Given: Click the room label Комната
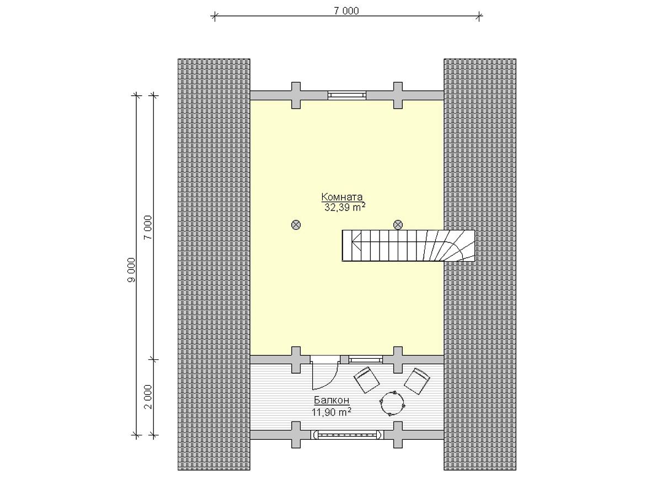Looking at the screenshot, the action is click(341, 197).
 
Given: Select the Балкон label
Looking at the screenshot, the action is click(332, 400).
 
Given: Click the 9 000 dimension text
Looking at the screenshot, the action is click(131, 270).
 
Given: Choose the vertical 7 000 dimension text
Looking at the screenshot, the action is click(148, 228).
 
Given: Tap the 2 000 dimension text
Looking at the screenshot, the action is click(148, 397).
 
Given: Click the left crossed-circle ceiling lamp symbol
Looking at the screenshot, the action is click(296, 225).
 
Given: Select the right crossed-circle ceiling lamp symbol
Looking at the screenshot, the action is click(398, 225).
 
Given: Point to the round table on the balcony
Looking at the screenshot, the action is click(392, 403).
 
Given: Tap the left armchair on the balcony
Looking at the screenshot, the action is click(366, 380).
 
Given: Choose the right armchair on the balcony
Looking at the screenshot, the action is click(417, 381).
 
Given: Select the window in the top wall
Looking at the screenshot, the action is click(347, 95).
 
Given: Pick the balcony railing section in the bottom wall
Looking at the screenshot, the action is click(347, 435).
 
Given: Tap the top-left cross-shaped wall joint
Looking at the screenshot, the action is click(296, 95).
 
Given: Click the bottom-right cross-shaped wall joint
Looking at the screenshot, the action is click(398, 435).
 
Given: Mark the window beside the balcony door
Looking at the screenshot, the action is click(366, 359).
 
